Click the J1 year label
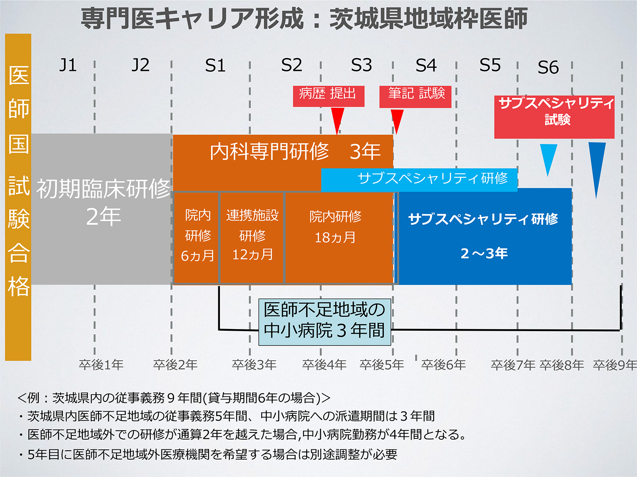tap(68, 65)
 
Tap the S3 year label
tap(361, 65)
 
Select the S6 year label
tap(548, 67)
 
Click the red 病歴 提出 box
tap(329, 96)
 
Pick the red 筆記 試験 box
tap(415, 97)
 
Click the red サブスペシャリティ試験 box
tap(554, 117)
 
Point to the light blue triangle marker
tap(548, 160)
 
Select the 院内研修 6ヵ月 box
tap(196, 237)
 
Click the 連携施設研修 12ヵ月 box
tap(251, 237)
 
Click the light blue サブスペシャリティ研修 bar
tap(419, 179)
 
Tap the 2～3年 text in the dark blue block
tap(484, 254)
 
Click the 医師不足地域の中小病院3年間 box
tap(325, 322)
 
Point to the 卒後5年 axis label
tap(382, 365)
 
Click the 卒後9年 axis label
tap(614, 365)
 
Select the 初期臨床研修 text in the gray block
tap(103, 189)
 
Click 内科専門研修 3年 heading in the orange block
tap(295, 151)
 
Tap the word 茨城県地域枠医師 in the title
tap(428, 18)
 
